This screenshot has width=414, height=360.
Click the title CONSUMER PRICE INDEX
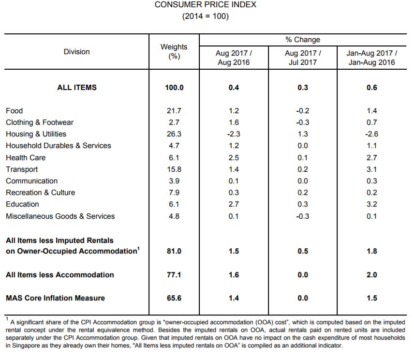pyautogui.click(x=206, y=4)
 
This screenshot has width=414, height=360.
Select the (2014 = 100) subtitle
pyautogui.click(x=206, y=16)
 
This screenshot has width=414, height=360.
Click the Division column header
pyautogui.click(x=76, y=51)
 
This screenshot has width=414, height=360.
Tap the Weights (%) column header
pyautogui.click(x=174, y=51)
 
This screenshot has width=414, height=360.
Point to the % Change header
pyautogui.click(x=303, y=40)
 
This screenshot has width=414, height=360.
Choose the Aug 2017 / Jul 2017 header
pyautogui.click(x=303, y=58)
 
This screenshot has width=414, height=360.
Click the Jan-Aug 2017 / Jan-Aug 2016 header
pyautogui.click(x=372, y=58)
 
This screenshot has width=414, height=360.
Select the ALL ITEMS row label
pyautogui.click(x=77, y=88)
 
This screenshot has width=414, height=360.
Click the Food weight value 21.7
pyautogui.click(x=174, y=111)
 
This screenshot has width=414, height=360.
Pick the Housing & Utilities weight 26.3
pyautogui.click(x=174, y=134)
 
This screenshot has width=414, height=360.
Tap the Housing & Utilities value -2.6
pyautogui.click(x=372, y=134)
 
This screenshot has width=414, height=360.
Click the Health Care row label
pyautogui.click(x=26, y=158)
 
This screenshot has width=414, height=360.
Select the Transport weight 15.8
pyautogui.click(x=174, y=169)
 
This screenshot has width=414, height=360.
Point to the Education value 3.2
pyautogui.click(x=372, y=204)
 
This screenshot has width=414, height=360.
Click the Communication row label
pyautogui.click(x=32, y=181)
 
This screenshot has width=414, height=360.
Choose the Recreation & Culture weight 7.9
pyautogui.click(x=174, y=193)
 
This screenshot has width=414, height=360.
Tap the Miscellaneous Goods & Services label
pyautogui.click(x=60, y=216)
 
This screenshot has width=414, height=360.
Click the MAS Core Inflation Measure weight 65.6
pyautogui.click(x=174, y=298)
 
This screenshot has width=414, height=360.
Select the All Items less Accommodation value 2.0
pyautogui.click(x=372, y=275)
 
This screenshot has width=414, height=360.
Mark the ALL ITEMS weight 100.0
pyautogui.click(x=174, y=88)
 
